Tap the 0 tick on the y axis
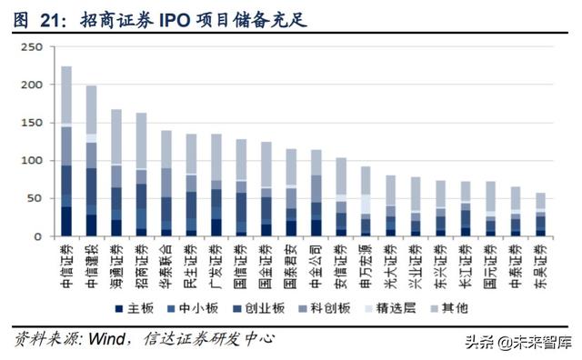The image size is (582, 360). tap(37, 236)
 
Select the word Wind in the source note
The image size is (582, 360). tap(108, 339)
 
